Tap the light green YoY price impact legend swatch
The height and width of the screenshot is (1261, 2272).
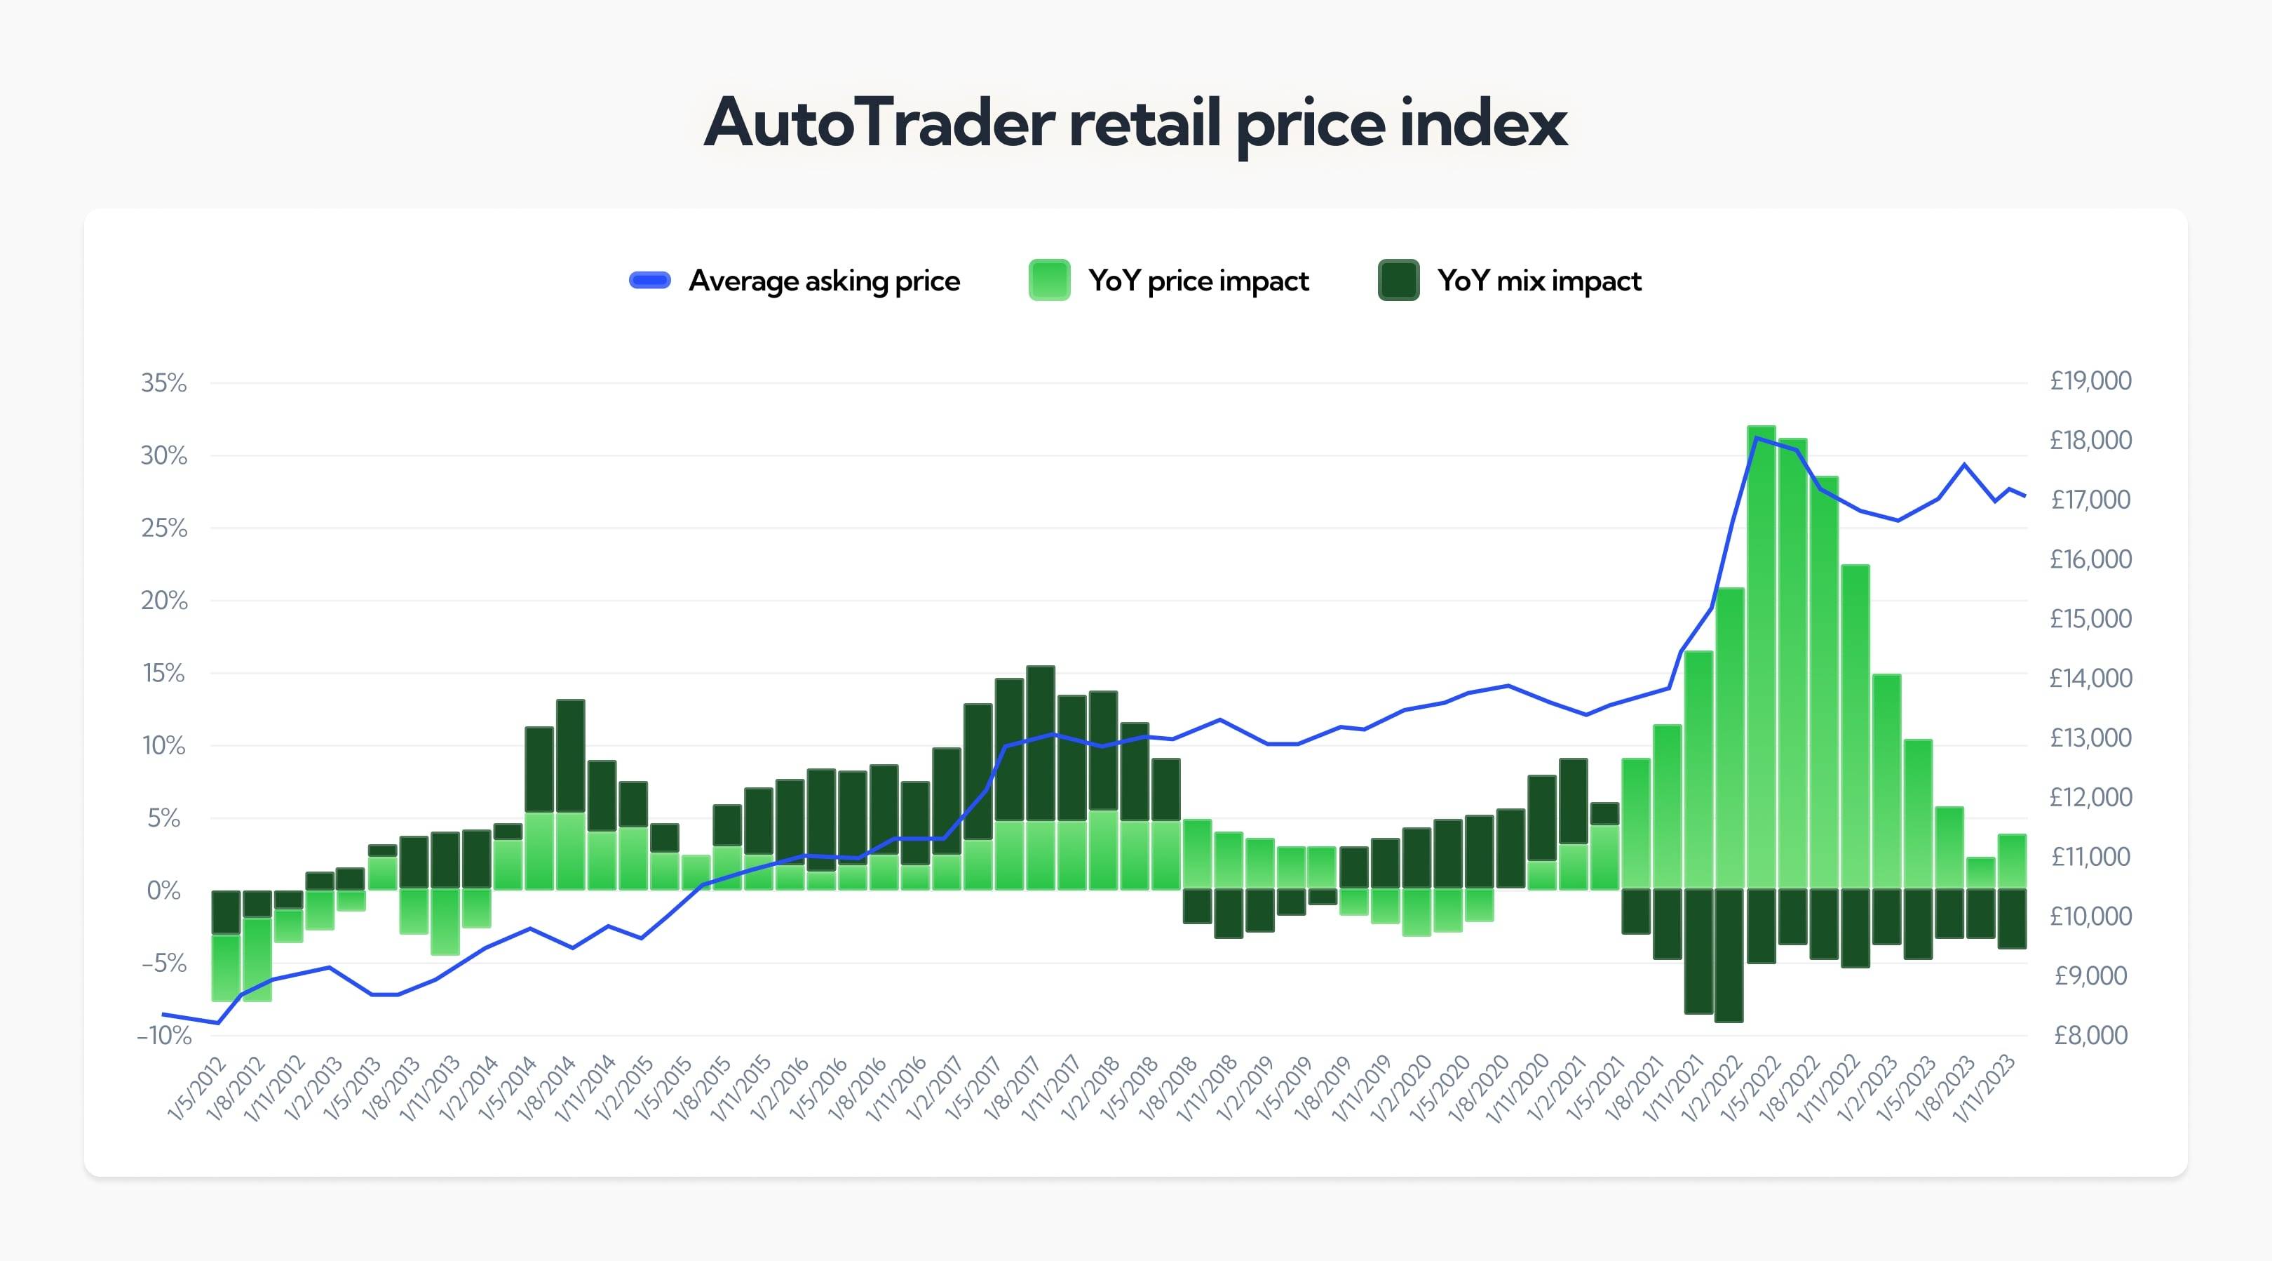[1048, 281]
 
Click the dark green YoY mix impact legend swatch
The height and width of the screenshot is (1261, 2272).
[1398, 281]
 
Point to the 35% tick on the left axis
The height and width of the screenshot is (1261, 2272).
[164, 383]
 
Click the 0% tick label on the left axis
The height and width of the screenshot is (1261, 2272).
[164, 890]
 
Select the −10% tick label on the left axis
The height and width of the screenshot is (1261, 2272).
[164, 1035]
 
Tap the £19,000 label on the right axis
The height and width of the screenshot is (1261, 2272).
[2090, 380]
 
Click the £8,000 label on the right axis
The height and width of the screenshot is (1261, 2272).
[2090, 1034]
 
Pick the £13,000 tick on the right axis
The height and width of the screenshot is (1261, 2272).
[2090, 738]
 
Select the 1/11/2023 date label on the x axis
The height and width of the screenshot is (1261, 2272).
[1985, 1088]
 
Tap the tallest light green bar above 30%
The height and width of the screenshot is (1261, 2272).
[1760, 653]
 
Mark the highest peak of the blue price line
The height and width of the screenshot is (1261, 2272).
[1757, 438]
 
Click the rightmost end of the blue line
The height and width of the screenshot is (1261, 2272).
[2024, 496]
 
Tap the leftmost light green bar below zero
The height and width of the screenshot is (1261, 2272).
[226, 968]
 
